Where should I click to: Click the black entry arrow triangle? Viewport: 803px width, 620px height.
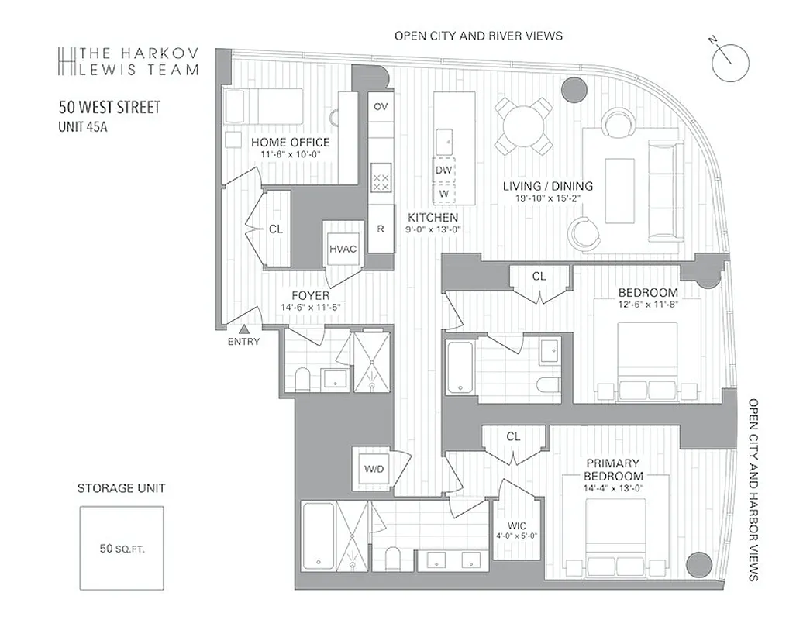click(x=244, y=330)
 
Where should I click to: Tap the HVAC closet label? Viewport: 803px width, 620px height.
click(x=342, y=249)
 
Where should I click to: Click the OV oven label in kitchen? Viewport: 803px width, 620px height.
click(x=380, y=106)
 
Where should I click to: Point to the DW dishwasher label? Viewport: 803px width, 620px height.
click(x=443, y=170)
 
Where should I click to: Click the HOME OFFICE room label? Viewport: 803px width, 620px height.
click(x=290, y=143)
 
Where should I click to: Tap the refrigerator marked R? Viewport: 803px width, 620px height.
click(x=381, y=229)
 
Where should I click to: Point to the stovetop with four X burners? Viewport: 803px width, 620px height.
click(x=381, y=182)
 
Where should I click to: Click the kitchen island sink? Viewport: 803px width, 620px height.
click(x=445, y=141)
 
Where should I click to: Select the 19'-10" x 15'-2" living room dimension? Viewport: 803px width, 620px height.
click(x=547, y=198)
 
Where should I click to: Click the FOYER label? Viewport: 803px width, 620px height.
click(x=310, y=295)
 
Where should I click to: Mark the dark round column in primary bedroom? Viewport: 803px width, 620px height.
click(x=699, y=563)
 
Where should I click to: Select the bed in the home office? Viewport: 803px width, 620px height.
click(x=263, y=106)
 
